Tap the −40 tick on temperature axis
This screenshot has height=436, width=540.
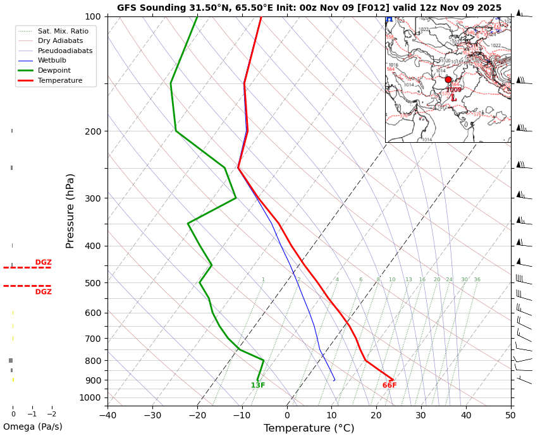pos(107,415)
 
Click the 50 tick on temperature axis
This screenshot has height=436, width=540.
pos(510,415)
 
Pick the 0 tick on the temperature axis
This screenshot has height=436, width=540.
pos(286,415)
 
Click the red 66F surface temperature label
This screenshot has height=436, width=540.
pos(390,385)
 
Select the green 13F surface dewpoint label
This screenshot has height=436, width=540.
pos(258,385)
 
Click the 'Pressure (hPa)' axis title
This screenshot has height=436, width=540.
pos(70,210)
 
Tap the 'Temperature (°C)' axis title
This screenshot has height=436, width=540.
pos(309,428)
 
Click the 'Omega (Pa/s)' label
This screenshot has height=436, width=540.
pos(32,427)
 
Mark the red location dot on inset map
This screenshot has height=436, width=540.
pos(448,80)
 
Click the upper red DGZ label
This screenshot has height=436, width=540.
pos(44,262)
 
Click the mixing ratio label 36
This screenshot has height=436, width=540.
pos(477,280)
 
